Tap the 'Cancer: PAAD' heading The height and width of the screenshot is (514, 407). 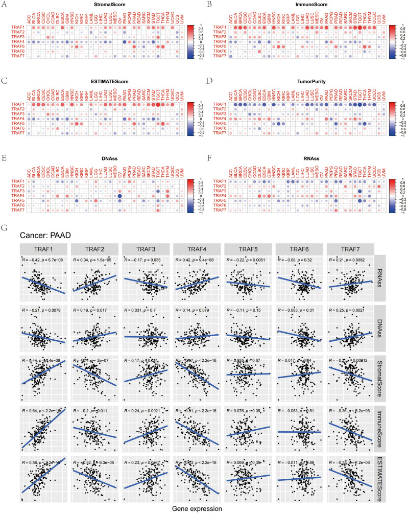tap(44, 235)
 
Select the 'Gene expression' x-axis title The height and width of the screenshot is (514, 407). tap(196, 509)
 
